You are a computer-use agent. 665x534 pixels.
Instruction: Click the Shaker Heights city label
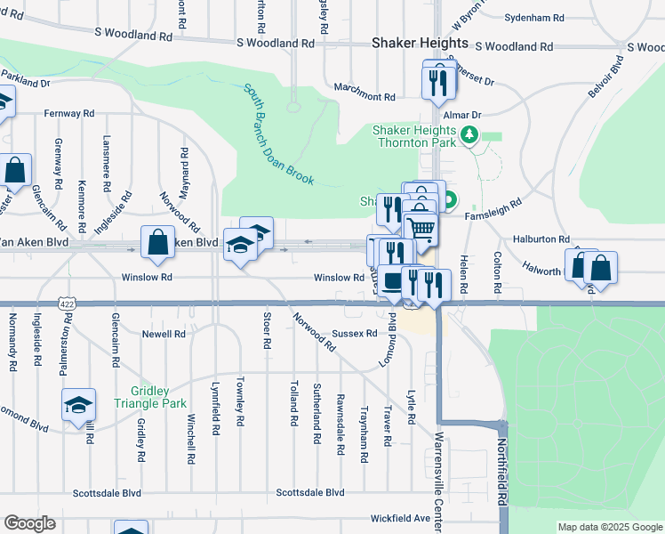(420, 43)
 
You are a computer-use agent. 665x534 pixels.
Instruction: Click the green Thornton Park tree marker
(469, 136)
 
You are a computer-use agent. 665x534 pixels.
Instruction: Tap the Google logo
(30, 523)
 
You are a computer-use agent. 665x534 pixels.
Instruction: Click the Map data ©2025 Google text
(610, 527)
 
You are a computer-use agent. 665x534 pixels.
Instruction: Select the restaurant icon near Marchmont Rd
(439, 81)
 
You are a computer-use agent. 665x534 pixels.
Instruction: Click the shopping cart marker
(421, 230)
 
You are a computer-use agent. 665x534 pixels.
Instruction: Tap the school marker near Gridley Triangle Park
(78, 404)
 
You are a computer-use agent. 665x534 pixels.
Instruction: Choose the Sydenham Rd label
(534, 18)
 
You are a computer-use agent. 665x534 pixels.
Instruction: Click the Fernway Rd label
(69, 114)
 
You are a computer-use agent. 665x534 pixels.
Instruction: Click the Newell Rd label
(164, 335)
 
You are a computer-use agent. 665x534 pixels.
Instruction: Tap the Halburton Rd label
(541, 239)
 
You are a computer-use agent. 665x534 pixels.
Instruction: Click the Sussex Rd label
(355, 334)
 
